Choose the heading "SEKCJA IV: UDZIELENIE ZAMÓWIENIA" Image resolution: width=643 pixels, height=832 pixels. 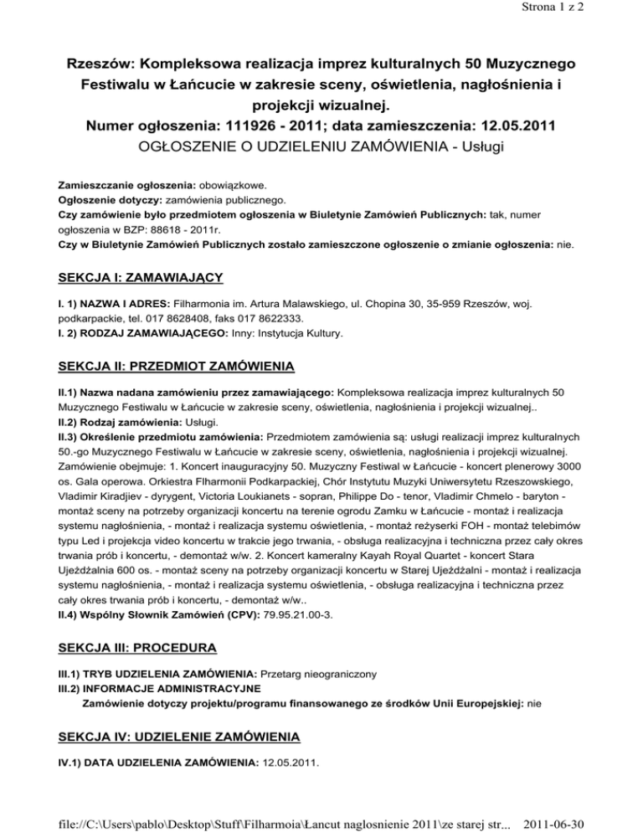click(178, 737)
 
